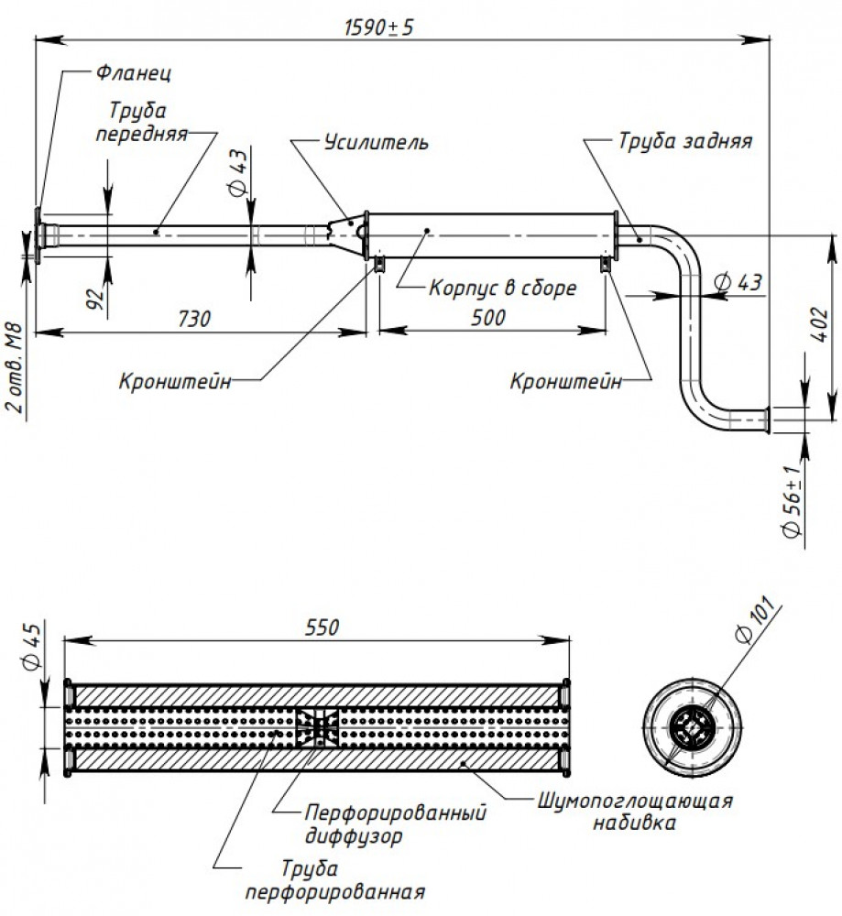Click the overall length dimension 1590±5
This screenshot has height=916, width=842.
click(x=378, y=27)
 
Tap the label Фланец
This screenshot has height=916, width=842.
click(x=133, y=73)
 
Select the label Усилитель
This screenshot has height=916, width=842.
click(x=377, y=142)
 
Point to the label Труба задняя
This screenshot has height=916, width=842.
click(x=685, y=141)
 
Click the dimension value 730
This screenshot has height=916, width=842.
click(x=194, y=319)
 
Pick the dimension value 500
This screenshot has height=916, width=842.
click(x=488, y=318)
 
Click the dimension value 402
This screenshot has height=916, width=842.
click(x=819, y=325)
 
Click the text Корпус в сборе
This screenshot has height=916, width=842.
click(x=502, y=288)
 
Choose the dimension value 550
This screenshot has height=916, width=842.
click(x=322, y=627)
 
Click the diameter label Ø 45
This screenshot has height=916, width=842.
click(x=32, y=646)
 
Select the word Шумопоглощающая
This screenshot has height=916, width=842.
click(x=635, y=801)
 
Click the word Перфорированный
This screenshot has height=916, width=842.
click(x=396, y=812)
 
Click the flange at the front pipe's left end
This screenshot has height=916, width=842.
click(x=38, y=235)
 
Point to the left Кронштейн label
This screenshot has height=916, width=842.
click(x=175, y=381)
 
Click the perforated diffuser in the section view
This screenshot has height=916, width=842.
click(x=317, y=727)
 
